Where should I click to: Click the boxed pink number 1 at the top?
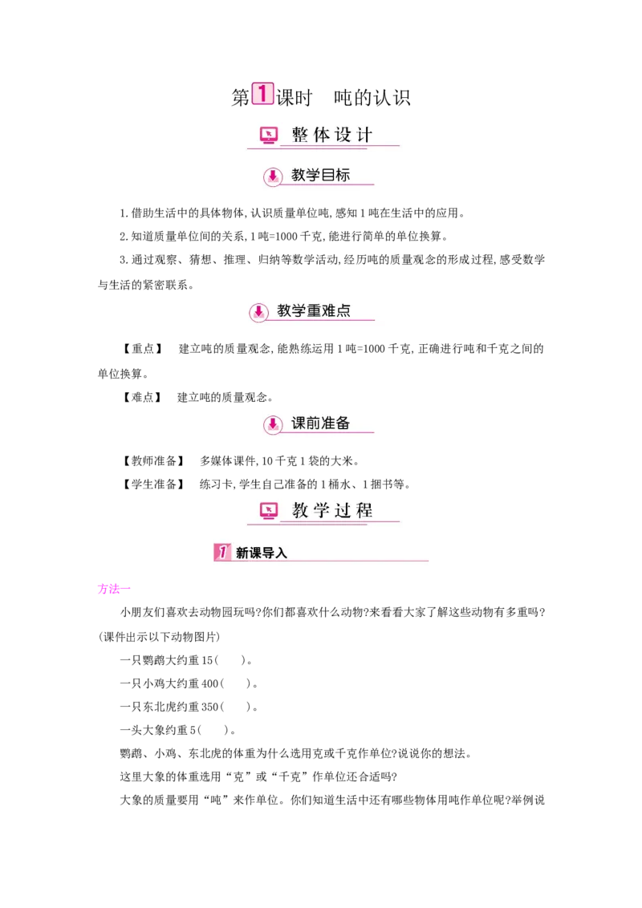pyautogui.click(x=262, y=94)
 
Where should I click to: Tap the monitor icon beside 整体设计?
pyautogui.click(x=269, y=136)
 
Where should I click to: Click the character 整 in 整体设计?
pyautogui.click(x=300, y=135)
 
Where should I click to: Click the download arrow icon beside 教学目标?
pyautogui.click(x=273, y=176)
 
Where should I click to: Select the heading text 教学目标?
pyautogui.click(x=320, y=175)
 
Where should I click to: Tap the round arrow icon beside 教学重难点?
pyautogui.click(x=258, y=311)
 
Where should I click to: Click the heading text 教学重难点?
pyautogui.click(x=314, y=310)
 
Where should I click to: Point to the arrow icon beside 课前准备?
pyautogui.click(x=273, y=425)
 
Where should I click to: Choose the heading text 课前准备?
pyautogui.click(x=320, y=424)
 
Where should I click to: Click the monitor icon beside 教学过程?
pyautogui.click(x=269, y=510)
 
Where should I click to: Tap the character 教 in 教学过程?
pyautogui.click(x=300, y=510)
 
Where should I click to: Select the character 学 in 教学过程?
pyautogui.click(x=322, y=510)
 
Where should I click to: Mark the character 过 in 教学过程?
pyautogui.click(x=343, y=510)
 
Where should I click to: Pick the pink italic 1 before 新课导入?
pyautogui.click(x=222, y=552)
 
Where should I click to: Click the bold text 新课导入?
pyautogui.click(x=261, y=553)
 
